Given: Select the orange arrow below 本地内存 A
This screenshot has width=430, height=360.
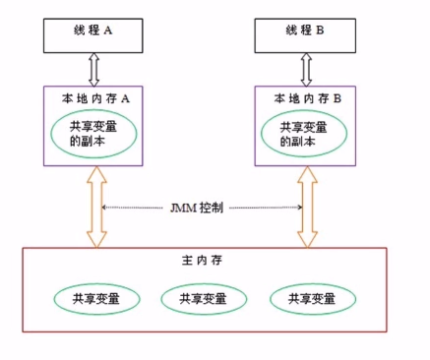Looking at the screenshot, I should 95,209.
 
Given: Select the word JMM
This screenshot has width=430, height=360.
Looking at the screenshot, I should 183,209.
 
